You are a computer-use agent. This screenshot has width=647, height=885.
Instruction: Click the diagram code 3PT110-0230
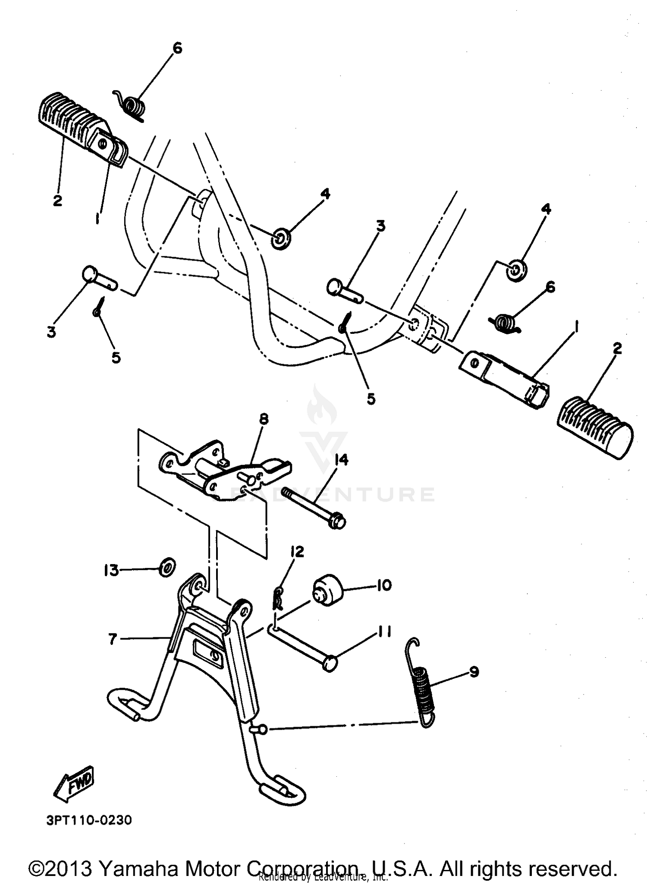89,820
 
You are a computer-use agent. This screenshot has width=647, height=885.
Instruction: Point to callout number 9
474,672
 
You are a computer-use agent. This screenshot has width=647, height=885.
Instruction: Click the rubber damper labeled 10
327,590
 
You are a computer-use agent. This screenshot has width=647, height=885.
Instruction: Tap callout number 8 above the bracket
264,418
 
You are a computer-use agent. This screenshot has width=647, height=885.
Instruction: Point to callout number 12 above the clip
297,552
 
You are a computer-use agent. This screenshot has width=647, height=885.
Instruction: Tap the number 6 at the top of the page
177,48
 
